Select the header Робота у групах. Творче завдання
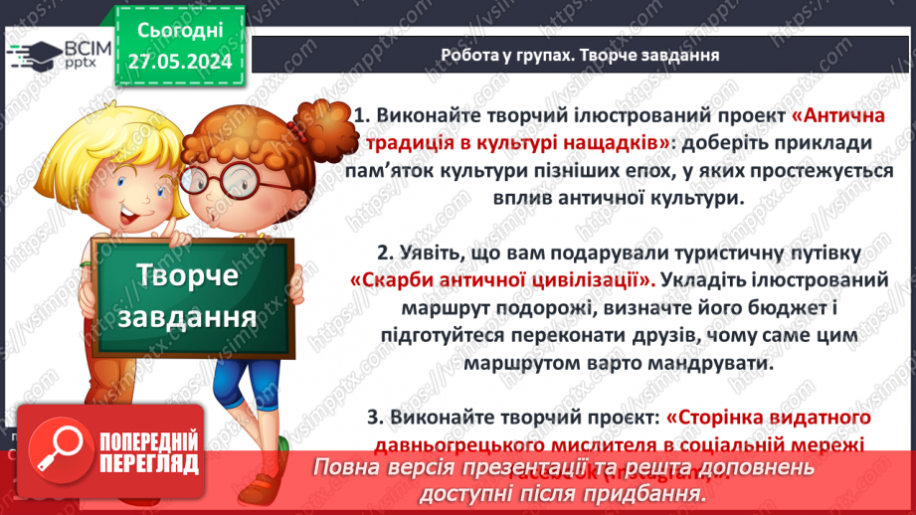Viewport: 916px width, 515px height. (580, 53)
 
